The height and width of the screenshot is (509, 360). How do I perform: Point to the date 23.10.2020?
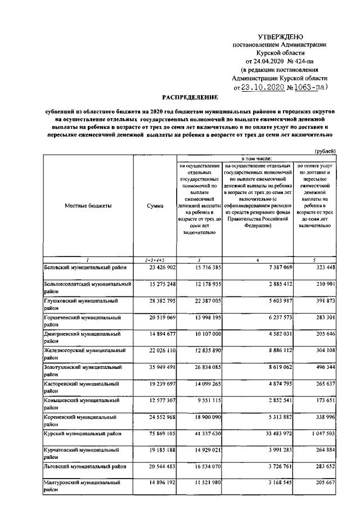coord(263,88)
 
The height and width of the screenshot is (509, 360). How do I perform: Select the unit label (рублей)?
coord(325,151)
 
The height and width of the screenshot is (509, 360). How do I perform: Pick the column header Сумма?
coord(155,206)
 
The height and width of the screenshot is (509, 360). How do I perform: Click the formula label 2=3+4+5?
coord(155,260)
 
